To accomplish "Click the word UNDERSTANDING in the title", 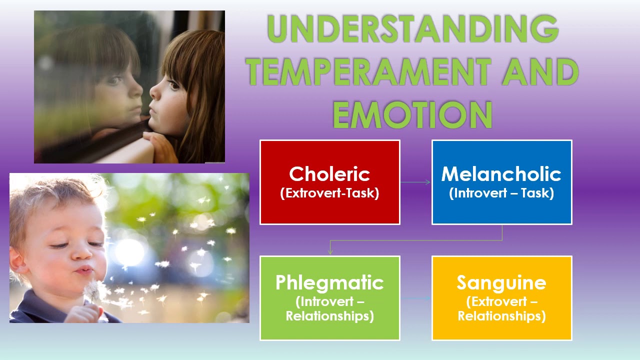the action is (x=413, y=28).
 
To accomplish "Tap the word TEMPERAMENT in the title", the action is (x=368, y=71).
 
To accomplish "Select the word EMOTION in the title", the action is (x=412, y=115).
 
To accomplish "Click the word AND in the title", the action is (x=540, y=71).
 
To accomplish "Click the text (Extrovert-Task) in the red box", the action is (x=329, y=193).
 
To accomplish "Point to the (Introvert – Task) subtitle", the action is (x=501, y=193).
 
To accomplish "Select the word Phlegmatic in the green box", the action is (x=329, y=283).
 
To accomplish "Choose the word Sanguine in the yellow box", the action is (x=501, y=283).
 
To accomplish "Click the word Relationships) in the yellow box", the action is (x=501, y=316).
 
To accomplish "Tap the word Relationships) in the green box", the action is (x=329, y=316).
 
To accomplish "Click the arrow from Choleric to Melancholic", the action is (x=415, y=182).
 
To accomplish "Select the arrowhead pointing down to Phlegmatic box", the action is (x=330, y=251).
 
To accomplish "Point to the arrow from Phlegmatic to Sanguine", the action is (x=415, y=298).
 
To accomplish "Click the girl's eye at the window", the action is (x=173, y=85).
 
